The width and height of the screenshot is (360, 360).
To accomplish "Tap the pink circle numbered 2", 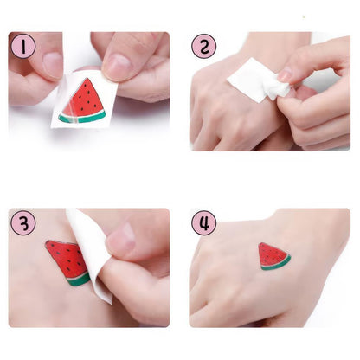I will point(204,46).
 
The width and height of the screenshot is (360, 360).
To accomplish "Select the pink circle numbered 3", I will point(22,222).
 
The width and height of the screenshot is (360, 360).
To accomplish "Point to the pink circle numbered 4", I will point(203,222).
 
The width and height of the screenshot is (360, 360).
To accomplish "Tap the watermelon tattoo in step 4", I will point(273,256).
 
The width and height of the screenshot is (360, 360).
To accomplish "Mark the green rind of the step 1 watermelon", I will point(81,117).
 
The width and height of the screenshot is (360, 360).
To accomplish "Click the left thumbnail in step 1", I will point(52,66).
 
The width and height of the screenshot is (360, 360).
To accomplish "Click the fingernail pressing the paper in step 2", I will point(283,75).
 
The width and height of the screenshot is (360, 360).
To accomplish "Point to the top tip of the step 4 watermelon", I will point(262,245).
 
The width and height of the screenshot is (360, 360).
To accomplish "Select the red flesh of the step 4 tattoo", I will point(272,255).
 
